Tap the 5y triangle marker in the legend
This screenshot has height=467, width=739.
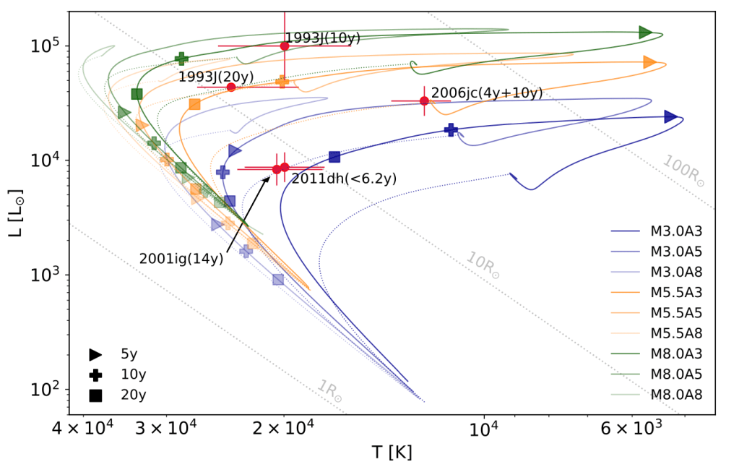coord(95,355)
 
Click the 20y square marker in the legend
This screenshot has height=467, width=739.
coord(95,395)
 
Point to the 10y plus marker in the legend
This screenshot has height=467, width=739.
coord(95,375)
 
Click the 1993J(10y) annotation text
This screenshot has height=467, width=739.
coord(322,38)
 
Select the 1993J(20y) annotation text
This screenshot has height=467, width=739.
coord(216,76)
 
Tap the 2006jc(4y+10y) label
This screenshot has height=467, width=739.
coord(487,93)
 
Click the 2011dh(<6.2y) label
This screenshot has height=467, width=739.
coord(344,179)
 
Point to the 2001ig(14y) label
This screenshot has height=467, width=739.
coord(181,258)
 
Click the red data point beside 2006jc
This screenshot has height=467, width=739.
coord(424,100)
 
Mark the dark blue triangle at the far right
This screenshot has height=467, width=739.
coord(670,116)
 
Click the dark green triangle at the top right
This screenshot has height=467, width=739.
coord(645,32)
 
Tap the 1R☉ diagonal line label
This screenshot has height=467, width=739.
coord(329,390)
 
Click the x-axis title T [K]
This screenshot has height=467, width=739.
coord(392,453)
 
